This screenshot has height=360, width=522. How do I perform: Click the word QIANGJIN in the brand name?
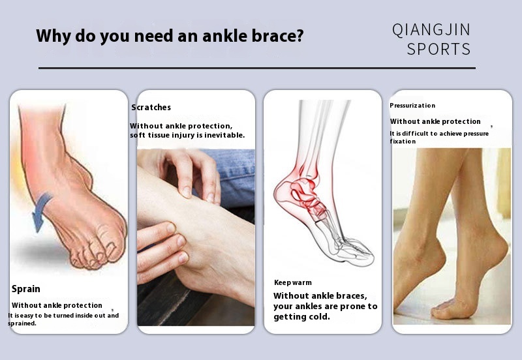431,29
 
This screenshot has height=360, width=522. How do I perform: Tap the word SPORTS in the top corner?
438,50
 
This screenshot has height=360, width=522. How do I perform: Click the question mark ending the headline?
299,35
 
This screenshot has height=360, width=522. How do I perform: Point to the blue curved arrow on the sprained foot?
42,211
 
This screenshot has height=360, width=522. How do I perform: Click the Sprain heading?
26,289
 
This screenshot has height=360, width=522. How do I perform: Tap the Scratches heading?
151,107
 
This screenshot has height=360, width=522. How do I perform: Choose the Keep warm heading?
293,283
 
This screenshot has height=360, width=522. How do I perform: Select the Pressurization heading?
412,106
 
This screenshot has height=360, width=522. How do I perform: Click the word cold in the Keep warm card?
319,317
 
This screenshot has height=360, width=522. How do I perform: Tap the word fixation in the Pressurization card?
403,142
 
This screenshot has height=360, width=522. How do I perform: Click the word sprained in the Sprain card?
22,323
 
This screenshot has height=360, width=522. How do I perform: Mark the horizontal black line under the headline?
257,68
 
